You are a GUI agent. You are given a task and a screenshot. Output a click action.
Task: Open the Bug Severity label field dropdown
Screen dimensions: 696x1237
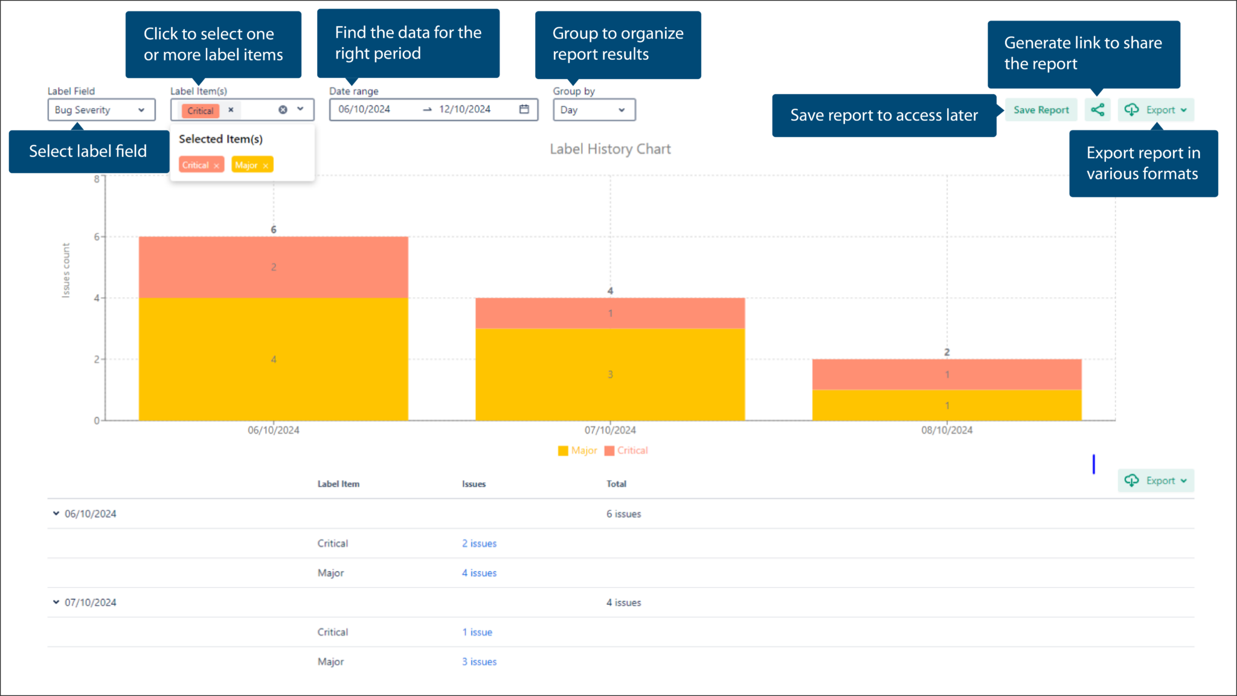coord(101,110)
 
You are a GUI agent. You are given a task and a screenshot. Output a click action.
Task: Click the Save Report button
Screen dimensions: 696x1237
coord(1041,110)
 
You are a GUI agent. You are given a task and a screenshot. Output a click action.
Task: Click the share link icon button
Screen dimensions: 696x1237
coord(1097,110)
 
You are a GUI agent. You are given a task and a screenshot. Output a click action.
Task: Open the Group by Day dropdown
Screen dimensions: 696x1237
coord(594,110)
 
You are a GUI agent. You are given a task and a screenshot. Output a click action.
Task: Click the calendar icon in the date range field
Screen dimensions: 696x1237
coord(524,109)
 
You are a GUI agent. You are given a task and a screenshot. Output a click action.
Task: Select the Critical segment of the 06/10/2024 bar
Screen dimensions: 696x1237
coord(273,267)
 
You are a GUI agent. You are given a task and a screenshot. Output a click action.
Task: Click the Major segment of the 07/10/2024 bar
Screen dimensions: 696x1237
coord(610,374)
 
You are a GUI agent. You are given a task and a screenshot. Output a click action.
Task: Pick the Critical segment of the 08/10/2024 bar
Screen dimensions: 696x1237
coord(946,374)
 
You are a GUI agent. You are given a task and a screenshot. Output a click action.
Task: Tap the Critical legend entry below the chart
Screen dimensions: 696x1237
coord(626,450)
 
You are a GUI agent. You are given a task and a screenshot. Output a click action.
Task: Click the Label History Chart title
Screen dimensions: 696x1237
coord(610,149)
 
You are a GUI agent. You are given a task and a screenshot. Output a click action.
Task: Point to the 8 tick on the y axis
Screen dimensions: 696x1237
coord(97,179)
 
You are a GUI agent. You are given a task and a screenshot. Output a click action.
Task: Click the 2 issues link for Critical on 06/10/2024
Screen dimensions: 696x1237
coord(479,543)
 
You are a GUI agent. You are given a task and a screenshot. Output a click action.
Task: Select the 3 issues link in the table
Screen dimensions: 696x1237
coord(479,662)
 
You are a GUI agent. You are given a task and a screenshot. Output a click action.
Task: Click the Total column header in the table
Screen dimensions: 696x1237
coord(616,484)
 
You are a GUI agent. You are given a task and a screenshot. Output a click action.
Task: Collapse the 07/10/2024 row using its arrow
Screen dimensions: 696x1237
coord(56,602)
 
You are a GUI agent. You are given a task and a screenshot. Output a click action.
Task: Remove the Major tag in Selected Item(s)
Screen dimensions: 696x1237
coord(265,165)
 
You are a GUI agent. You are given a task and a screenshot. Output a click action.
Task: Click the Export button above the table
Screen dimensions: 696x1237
coord(1155,480)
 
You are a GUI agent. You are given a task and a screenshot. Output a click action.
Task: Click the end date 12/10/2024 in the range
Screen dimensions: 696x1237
coord(464,109)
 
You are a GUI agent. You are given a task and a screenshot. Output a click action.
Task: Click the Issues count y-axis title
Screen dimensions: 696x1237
coord(66,270)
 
